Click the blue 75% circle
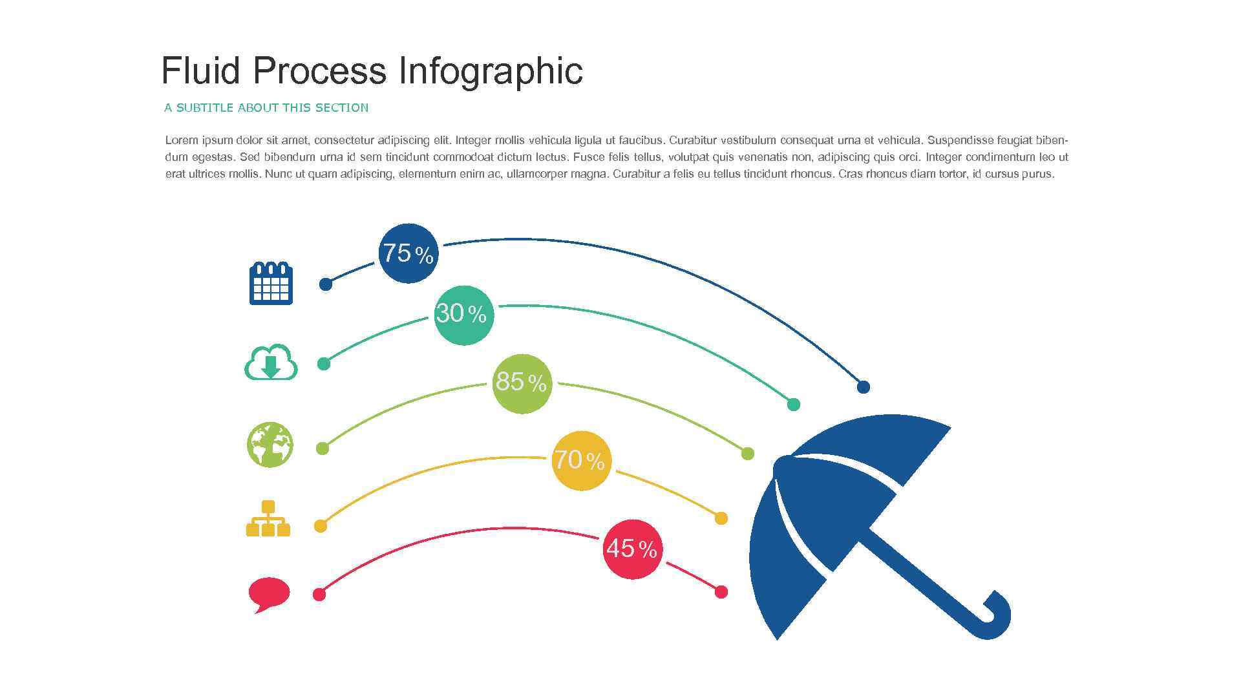(408, 253)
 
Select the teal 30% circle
(463, 315)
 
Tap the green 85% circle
(522, 383)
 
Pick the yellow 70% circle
(580, 461)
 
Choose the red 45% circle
(632, 549)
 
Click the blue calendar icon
(271, 283)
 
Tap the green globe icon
(270, 445)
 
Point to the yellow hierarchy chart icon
(268, 518)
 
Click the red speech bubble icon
(269, 593)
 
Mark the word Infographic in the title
(491, 70)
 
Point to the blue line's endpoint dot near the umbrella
(863, 387)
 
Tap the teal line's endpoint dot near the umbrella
(794, 405)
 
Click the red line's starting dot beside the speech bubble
(319, 595)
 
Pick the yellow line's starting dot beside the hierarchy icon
(320, 526)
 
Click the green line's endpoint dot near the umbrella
(747, 454)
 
